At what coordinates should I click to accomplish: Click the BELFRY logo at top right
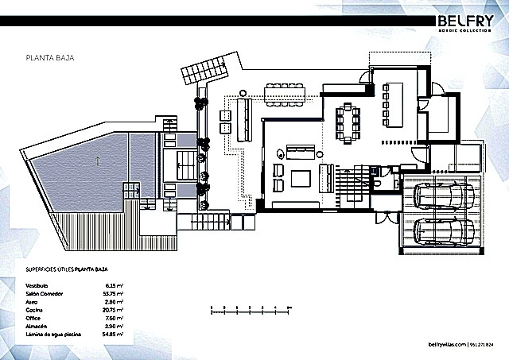[x=467, y=21]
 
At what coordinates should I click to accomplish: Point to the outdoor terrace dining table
[x=284, y=93]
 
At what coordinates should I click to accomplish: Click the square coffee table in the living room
[x=301, y=178]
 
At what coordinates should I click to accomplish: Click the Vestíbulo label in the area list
[x=37, y=285]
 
